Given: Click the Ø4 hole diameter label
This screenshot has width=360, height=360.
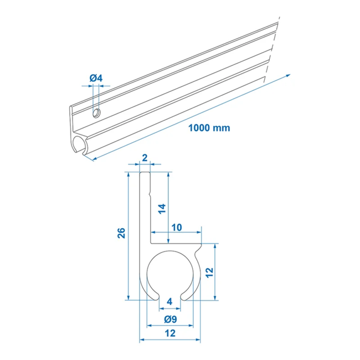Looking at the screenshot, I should pyautogui.click(x=96, y=79).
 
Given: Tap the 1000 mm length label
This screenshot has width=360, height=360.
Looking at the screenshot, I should pyautogui.click(x=209, y=127).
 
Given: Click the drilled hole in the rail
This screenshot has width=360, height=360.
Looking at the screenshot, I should pyautogui.click(x=96, y=113).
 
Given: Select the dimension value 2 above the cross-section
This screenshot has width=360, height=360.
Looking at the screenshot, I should pyautogui.click(x=145, y=158).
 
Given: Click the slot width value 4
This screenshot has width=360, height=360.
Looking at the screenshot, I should pyautogui.click(x=169, y=301).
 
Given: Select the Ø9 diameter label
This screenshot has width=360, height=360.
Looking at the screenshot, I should pyautogui.click(x=169, y=319).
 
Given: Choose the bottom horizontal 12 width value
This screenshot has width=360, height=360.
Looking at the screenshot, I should pyautogui.click(x=169, y=333).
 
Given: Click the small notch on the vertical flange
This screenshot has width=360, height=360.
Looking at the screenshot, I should pyautogui.click(x=150, y=194).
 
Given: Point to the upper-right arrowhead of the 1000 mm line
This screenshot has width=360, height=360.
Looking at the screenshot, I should pyautogui.click(x=289, y=76).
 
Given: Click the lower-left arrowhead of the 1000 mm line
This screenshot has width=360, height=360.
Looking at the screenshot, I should pyautogui.click(x=93, y=159).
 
